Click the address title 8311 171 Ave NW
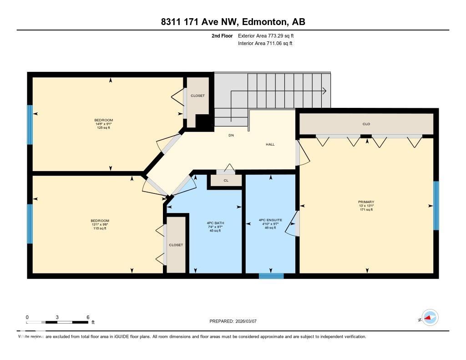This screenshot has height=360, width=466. coord(233,22)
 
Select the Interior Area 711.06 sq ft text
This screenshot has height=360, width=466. coord(265,44)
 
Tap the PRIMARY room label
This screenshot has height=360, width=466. coord(366,202)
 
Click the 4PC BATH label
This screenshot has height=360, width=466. coord(215,223)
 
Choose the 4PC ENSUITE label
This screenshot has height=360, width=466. coord(270,220)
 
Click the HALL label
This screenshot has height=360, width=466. coord(270,144)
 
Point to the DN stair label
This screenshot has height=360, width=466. coord(231,135)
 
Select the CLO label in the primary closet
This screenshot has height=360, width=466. coord(366,124)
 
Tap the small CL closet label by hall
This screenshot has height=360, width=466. coord(226,181)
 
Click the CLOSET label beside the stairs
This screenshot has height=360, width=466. coord(198,96)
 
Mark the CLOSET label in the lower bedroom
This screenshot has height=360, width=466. coord(176,245)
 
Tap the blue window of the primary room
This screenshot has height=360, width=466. coord(436,206)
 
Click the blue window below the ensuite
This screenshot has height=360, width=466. coord(271,275)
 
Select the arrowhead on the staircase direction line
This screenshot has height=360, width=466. coord(324,91)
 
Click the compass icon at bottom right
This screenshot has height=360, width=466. coord(430,318)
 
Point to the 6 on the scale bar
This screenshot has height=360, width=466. coord(87,317)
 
